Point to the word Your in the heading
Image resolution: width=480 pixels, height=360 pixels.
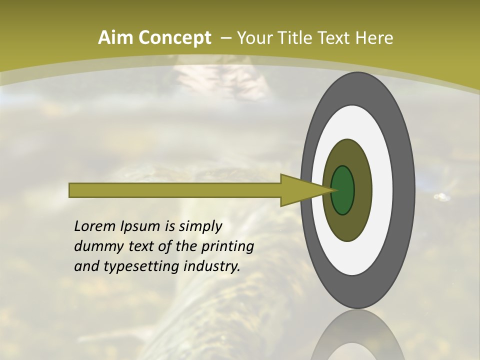[254, 37]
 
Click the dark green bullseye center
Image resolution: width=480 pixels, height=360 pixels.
[342, 190]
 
